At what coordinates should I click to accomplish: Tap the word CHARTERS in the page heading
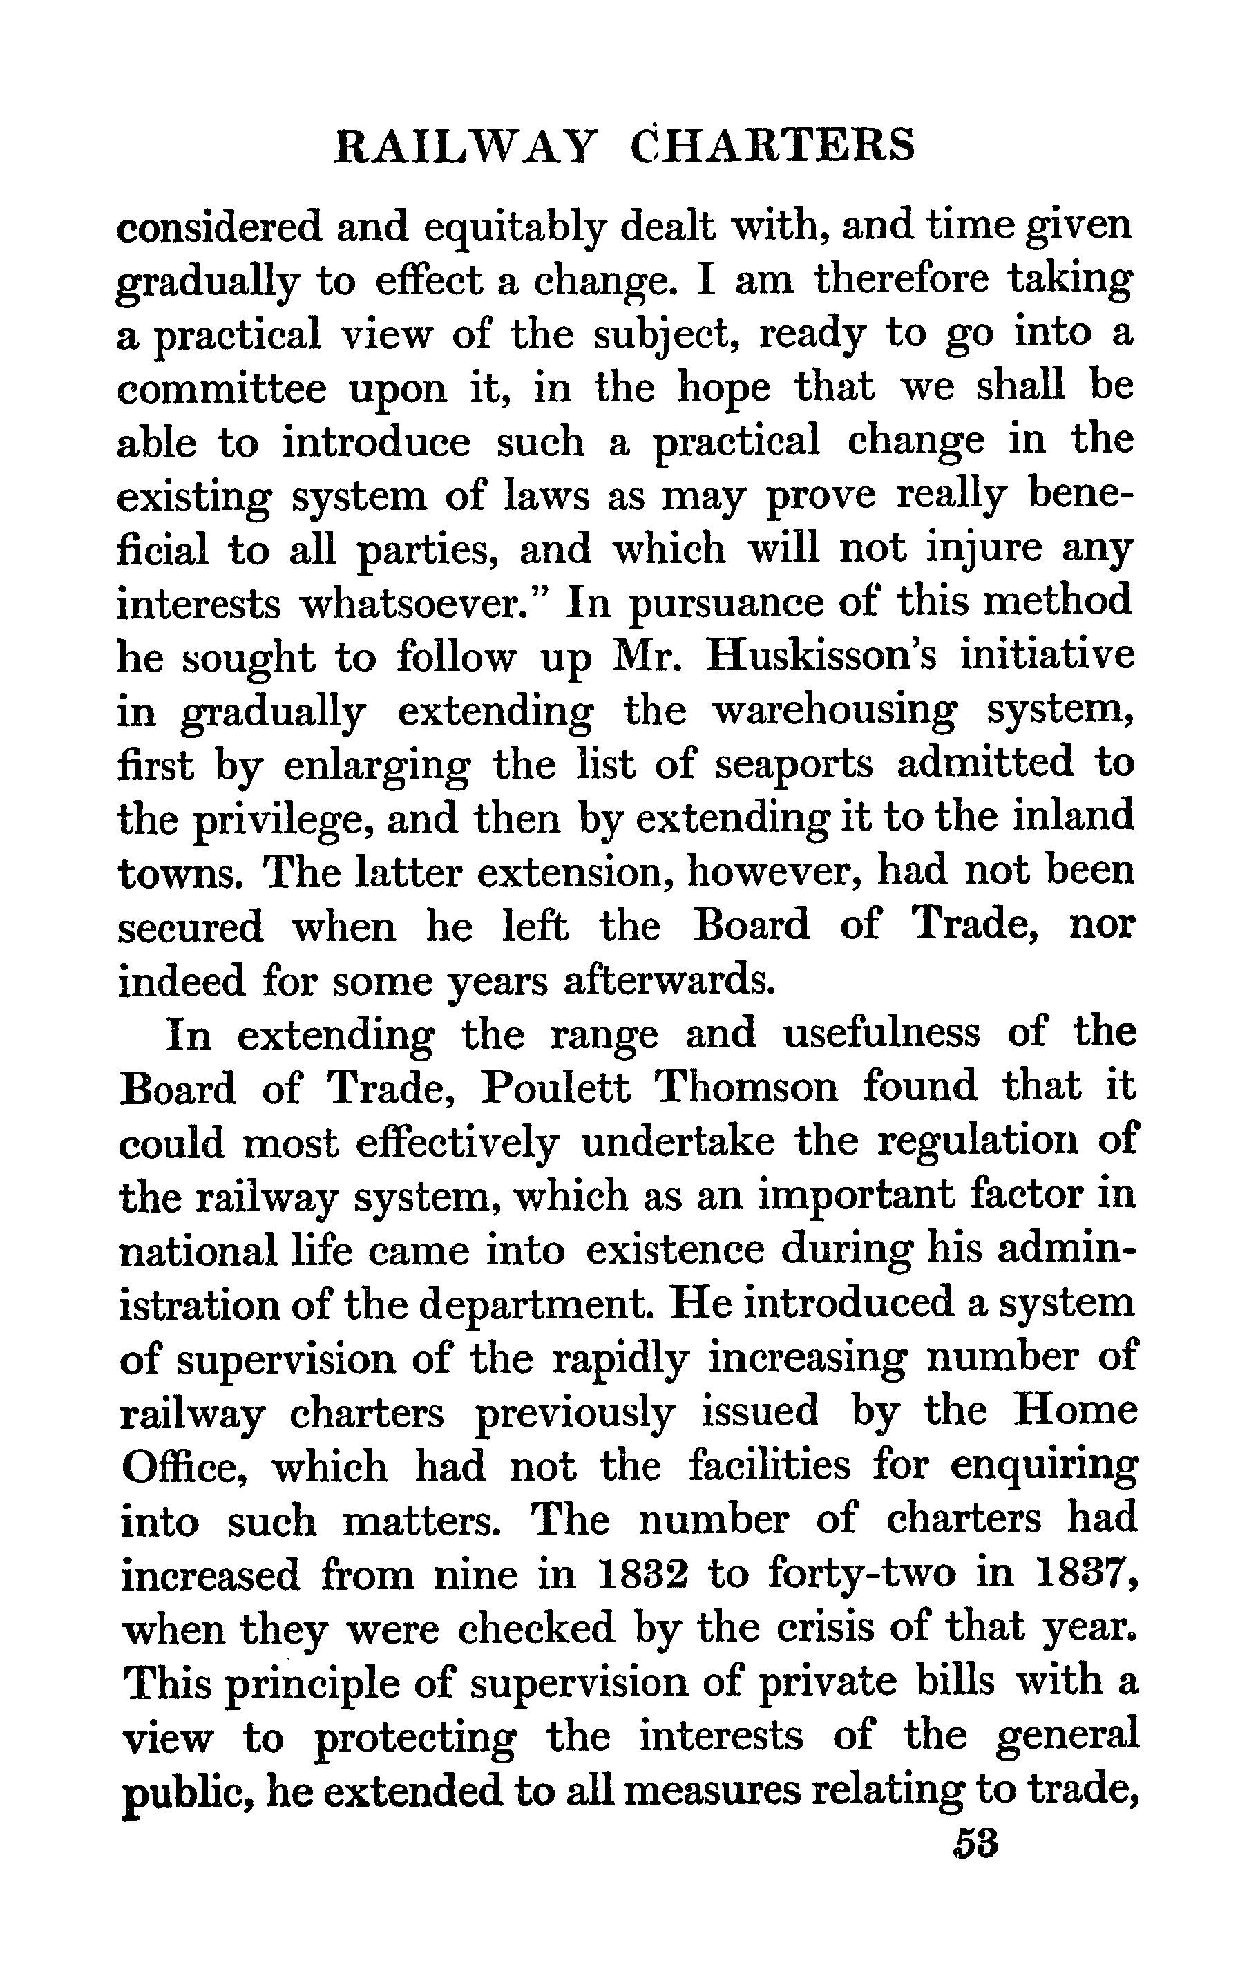coord(774,146)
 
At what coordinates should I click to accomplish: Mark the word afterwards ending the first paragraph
coord(668,980)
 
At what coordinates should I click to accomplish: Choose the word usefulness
coord(881,1034)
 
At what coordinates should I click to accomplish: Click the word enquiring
coord(1044,1465)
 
